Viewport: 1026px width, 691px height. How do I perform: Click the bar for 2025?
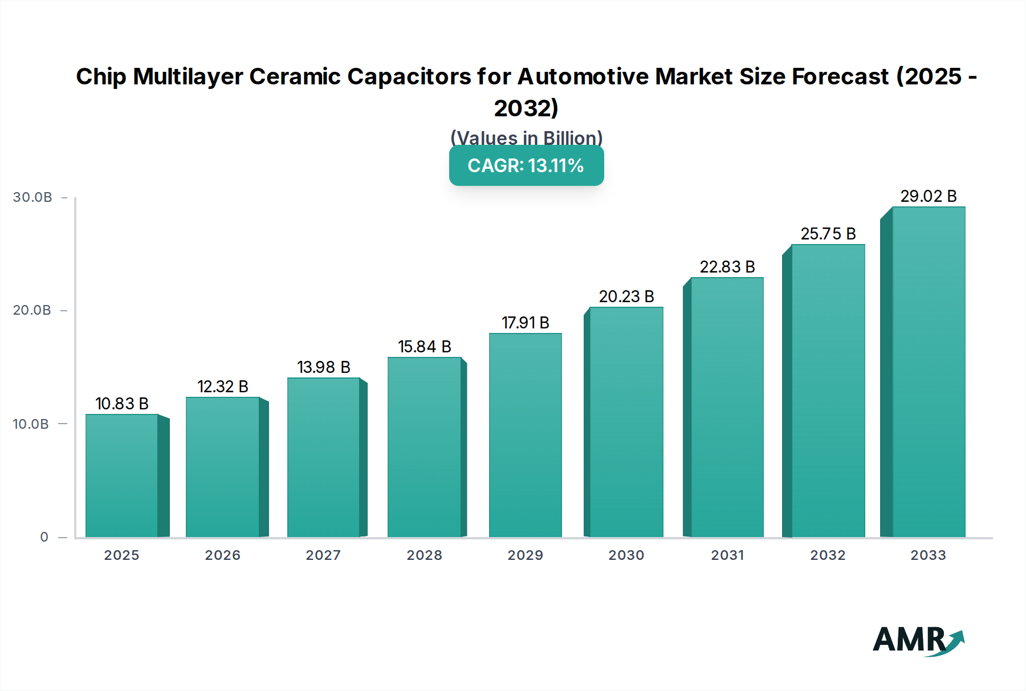121,475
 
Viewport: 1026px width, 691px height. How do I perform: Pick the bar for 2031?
727,407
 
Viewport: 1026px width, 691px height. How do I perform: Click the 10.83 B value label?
121,404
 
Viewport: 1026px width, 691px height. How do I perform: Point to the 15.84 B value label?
424,347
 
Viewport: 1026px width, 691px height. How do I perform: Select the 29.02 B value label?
928,196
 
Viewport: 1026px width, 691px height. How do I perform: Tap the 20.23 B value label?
626,296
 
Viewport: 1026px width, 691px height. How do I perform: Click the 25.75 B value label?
828,234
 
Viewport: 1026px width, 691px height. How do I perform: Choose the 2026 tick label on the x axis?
222,555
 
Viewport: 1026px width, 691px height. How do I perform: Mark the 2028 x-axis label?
424,555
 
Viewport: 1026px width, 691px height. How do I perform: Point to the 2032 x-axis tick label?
828,555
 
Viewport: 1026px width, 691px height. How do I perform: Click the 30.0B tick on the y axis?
32,197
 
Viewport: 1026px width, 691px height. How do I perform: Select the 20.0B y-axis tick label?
32,310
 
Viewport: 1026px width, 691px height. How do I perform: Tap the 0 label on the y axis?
44,537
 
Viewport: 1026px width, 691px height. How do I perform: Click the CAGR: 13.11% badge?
526,165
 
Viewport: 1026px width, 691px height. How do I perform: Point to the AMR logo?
918,640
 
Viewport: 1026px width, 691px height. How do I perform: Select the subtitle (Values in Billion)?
526,137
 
